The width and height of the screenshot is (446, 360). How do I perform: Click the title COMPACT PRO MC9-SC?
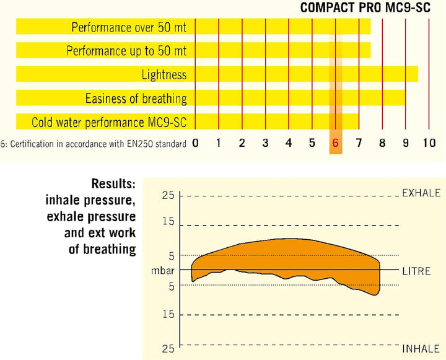365,7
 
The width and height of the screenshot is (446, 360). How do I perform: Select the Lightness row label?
164,75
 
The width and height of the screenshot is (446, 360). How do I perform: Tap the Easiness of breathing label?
136,99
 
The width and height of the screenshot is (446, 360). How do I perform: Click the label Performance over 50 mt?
129,27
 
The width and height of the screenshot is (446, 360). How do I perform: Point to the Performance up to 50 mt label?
126,51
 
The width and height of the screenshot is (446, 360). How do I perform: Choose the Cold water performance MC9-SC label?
109,122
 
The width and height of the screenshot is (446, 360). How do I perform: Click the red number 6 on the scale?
336,143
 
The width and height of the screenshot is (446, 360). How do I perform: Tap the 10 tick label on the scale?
429,143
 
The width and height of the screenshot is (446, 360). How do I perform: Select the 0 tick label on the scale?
195,143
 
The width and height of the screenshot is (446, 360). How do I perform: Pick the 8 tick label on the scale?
382,143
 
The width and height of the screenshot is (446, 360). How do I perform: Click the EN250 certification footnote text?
94,144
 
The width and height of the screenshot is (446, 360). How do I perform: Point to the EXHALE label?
421,193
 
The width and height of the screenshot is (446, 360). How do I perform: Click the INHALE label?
421,349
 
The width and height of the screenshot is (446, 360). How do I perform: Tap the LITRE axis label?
416,271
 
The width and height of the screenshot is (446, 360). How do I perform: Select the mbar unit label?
163,270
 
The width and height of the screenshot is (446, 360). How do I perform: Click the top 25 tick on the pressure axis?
168,196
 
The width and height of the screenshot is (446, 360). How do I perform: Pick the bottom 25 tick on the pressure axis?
168,348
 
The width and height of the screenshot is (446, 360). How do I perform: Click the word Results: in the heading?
113,183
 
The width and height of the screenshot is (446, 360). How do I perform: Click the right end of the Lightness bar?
418,74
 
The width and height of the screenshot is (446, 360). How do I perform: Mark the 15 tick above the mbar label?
168,221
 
